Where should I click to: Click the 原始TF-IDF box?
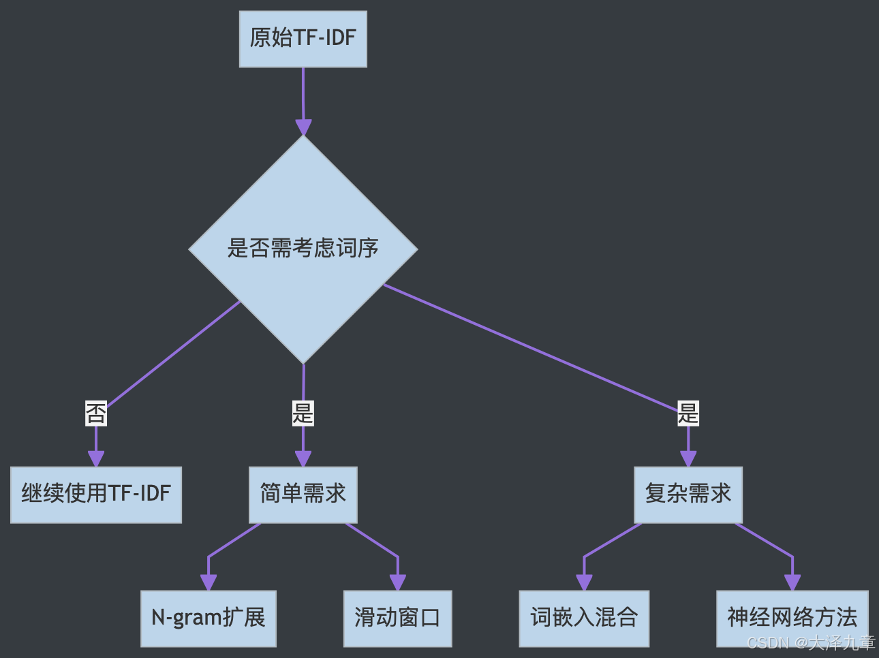(303, 39)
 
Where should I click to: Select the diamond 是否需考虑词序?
(303, 249)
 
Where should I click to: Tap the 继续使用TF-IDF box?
(96, 495)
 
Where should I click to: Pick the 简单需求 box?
(303, 495)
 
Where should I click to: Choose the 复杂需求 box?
(688, 495)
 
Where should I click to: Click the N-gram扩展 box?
(209, 618)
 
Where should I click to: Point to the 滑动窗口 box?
(397, 618)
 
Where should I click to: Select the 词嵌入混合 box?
(584, 618)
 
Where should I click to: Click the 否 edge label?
(96, 413)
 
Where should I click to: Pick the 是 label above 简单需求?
(303, 413)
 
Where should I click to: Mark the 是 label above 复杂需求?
(688, 413)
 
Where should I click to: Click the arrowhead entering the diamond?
(303, 127)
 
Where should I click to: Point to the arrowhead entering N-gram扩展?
(209, 582)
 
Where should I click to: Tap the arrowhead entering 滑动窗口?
(397, 582)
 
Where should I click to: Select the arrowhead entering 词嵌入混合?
(584, 582)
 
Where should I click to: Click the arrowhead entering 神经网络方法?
(792, 582)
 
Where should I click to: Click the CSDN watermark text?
(810, 642)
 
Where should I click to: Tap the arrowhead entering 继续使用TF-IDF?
(96, 458)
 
